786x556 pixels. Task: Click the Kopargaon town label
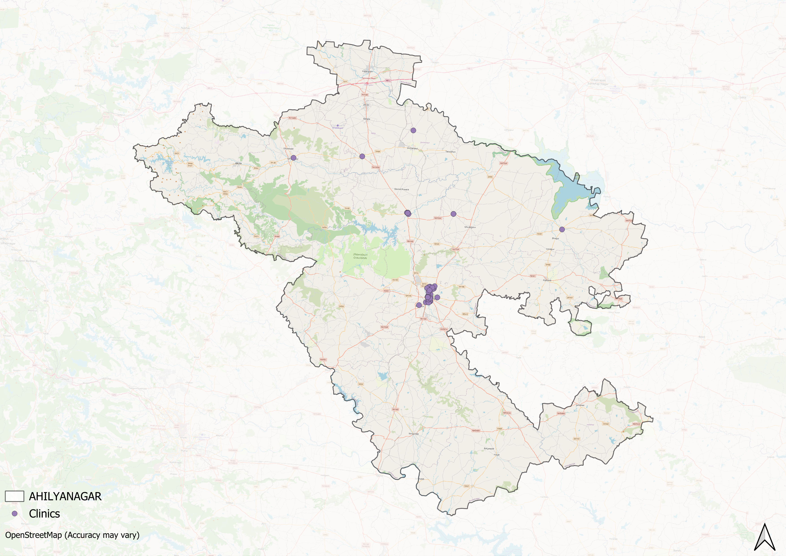point(367,72)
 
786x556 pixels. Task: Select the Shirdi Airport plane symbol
point(338,126)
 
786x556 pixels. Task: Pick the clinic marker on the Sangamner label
point(293,158)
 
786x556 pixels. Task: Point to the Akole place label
point(238,163)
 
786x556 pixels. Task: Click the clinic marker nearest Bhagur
point(562,229)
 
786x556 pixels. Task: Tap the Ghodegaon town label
point(470,227)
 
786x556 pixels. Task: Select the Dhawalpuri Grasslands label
point(360,256)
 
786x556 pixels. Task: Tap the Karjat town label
point(497,455)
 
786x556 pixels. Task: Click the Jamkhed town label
point(580,405)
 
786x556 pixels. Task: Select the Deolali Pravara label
point(402,189)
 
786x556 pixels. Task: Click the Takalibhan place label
point(450,151)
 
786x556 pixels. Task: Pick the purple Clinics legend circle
point(14,514)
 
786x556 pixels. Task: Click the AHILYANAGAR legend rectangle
point(14,496)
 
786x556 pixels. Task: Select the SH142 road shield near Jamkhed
point(606,424)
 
